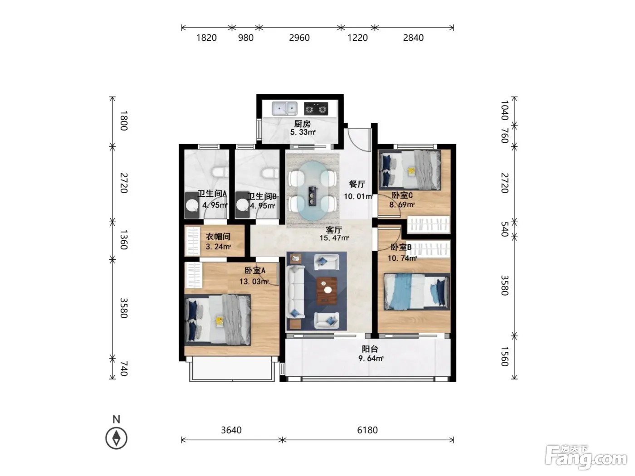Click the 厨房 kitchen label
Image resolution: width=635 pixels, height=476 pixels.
303,124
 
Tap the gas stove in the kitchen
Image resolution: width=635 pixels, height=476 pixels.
316,109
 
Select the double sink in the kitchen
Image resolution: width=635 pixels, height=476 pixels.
284,108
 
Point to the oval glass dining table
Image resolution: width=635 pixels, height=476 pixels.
313,191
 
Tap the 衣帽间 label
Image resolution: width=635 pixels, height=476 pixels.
218,237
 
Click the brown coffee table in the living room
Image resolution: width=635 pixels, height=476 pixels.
327,291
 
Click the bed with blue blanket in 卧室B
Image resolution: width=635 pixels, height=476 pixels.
416,291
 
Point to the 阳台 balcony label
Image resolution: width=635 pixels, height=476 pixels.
370,349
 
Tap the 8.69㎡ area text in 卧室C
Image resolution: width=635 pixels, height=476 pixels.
402,205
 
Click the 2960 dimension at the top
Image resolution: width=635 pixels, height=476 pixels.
299,38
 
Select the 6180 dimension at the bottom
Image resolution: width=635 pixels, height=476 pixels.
367,430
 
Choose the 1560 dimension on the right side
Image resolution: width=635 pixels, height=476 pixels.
504,356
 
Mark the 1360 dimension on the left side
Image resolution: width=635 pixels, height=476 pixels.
124,240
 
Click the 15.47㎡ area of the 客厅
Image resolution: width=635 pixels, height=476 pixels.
334,238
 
